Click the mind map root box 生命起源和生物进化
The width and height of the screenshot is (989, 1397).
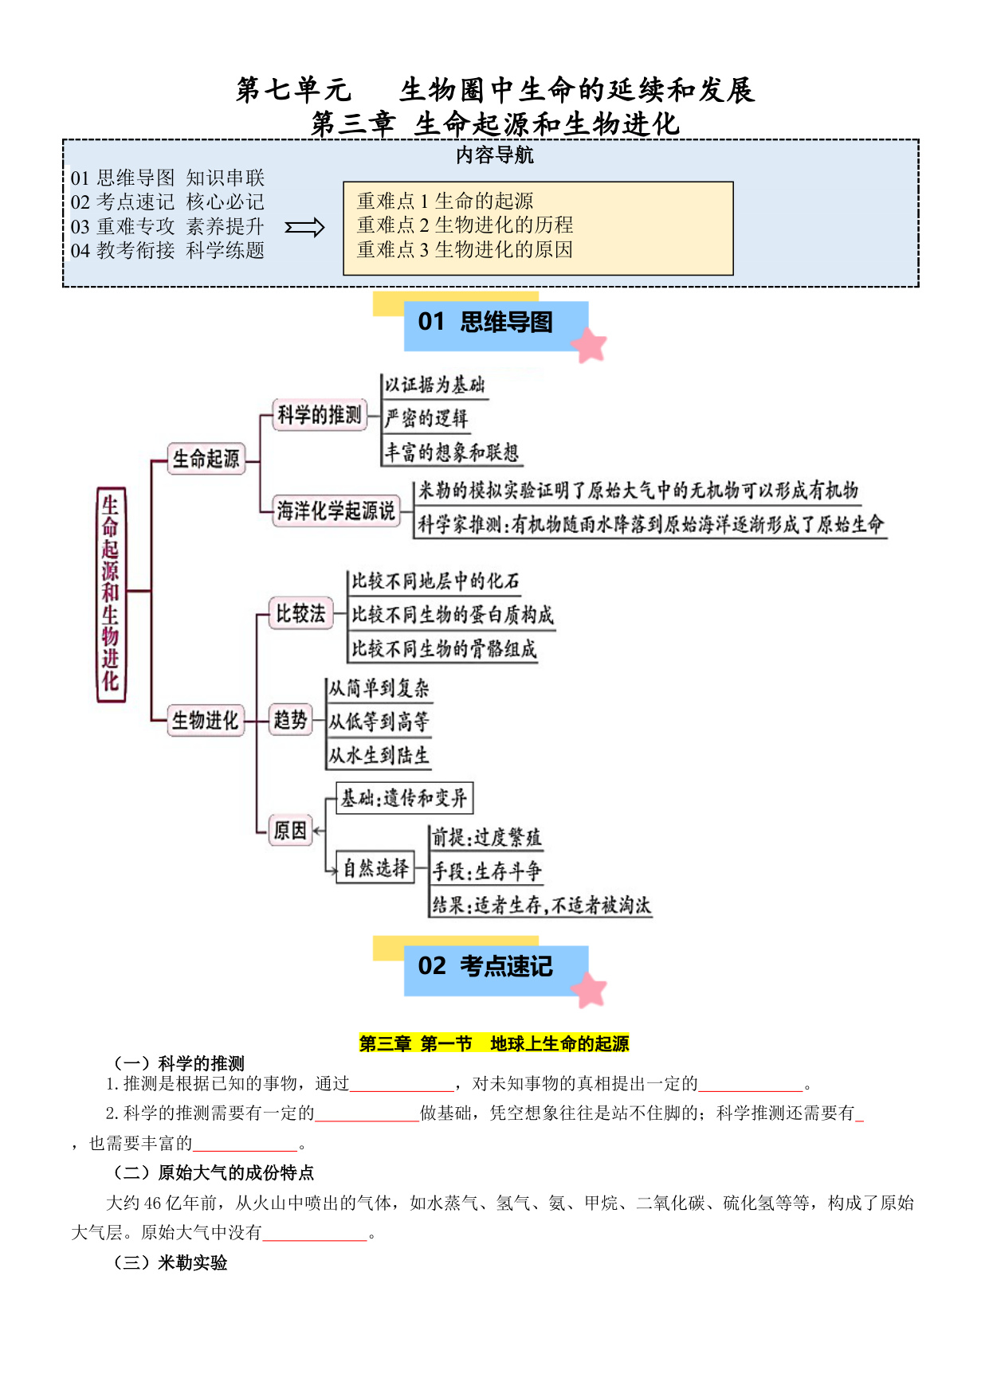pyautogui.click(x=111, y=594)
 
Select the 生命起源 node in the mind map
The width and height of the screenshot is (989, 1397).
pyautogui.click(x=206, y=459)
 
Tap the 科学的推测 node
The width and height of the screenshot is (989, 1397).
pyautogui.click(x=320, y=415)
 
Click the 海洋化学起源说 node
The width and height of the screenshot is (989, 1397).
pyautogui.click(x=336, y=511)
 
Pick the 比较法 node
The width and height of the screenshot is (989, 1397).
pyautogui.click(x=300, y=613)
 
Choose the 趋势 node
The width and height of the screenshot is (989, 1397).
pyautogui.click(x=290, y=720)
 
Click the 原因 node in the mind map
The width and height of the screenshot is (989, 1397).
pyautogui.click(x=290, y=831)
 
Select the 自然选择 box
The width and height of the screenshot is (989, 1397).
pyautogui.click(x=375, y=868)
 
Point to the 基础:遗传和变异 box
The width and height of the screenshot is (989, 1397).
pyautogui.click(x=405, y=798)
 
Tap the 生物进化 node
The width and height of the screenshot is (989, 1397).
pyautogui.click(x=206, y=720)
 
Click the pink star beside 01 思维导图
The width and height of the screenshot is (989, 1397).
pyautogui.click(x=591, y=346)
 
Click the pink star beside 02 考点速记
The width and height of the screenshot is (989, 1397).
pyautogui.click(x=591, y=990)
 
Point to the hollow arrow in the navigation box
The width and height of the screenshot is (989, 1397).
pyautogui.click(x=305, y=228)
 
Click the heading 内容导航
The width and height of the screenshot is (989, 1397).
pyautogui.click(x=495, y=155)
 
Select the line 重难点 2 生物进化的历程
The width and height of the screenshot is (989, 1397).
pyautogui.click(x=465, y=225)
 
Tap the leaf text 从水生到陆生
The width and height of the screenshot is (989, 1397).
pyautogui.click(x=379, y=755)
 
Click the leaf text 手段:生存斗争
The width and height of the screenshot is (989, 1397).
pyautogui.click(x=487, y=871)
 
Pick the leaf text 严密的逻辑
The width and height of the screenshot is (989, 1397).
pyautogui.click(x=426, y=418)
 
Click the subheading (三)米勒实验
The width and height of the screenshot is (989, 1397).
pyautogui.click(x=171, y=1263)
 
